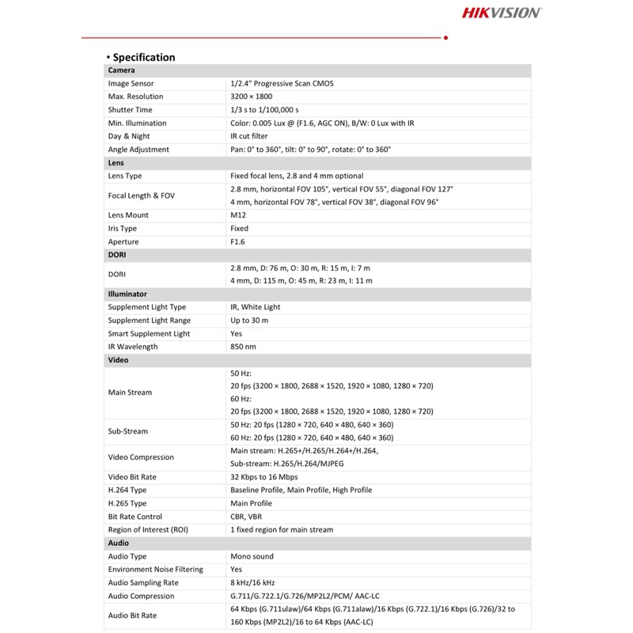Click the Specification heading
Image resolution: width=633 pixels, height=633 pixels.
pyautogui.click(x=143, y=57)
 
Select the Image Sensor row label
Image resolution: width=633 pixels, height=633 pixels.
pyautogui.click(x=131, y=83)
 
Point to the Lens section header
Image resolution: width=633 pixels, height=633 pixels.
pyautogui.click(x=116, y=162)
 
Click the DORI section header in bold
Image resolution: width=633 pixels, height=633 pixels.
pyautogui.click(x=117, y=255)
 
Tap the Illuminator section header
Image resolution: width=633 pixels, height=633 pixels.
pyautogui.click(x=127, y=294)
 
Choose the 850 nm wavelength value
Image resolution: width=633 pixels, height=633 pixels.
pyautogui.click(x=244, y=347)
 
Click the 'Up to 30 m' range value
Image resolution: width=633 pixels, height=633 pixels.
pyautogui.click(x=249, y=320)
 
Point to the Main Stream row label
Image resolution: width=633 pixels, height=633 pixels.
pyautogui.click(x=131, y=392)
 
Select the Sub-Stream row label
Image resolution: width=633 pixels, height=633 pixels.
pyautogui.click(x=128, y=431)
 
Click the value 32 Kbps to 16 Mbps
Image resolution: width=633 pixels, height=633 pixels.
pyautogui.click(x=264, y=477)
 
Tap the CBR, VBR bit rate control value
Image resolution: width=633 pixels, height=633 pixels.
pyautogui.click(x=246, y=517)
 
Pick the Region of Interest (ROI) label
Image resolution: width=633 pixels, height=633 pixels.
pyautogui.click(x=148, y=529)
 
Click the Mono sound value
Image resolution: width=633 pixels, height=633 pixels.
pyautogui.click(x=251, y=556)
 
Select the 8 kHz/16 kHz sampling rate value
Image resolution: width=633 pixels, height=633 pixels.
pyautogui.click(x=252, y=582)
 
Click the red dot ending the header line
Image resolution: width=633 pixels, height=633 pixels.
pyautogui.click(x=446, y=37)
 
